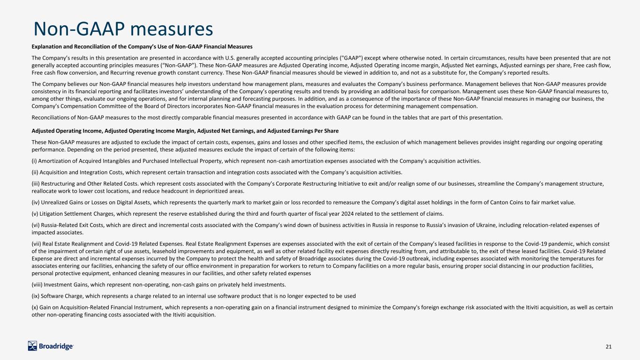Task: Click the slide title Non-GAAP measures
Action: [x=124, y=29]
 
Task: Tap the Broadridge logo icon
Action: [x=33, y=346]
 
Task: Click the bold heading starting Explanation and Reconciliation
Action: [x=142, y=46]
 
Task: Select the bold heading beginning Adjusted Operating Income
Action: [x=185, y=130]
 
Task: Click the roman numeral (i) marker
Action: [x=34, y=161]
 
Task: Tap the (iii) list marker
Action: [x=36, y=183]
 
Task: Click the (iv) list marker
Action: [x=36, y=202]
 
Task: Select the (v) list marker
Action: [x=35, y=213]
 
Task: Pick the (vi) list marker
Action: [x=36, y=225]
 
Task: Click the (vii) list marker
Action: [x=36, y=243]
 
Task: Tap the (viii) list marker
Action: [x=37, y=285]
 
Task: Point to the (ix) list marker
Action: [x=35, y=296]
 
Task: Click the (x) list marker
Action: [x=35, y=307]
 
